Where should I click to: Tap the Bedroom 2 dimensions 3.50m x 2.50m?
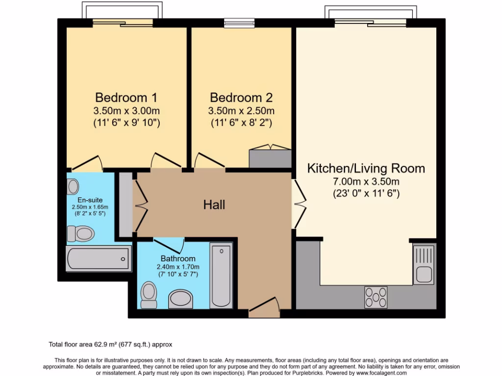[242, 110]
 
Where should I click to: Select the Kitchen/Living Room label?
[366, 169]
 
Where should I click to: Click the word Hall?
[214, 205]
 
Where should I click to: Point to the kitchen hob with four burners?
[376, 297]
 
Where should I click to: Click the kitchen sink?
[424, 265]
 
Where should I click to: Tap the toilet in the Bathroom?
[148, 294]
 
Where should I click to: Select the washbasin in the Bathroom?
[180, 299]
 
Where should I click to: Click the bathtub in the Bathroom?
[221, 276]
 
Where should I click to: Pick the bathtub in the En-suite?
[98, 258]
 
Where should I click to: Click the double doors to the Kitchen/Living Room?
[298, 204]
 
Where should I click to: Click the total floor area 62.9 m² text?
[110, 344]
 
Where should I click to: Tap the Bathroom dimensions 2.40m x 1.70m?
[178, 267]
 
